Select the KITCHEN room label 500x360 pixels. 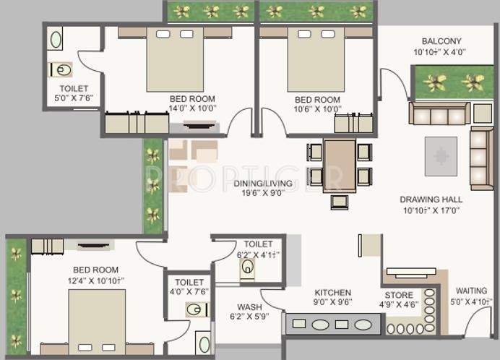point(332,293)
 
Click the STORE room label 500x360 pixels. point(399,295)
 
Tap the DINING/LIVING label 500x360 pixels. point(262,184)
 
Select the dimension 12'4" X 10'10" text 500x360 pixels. point(97,279)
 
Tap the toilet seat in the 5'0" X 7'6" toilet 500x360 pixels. point(62,71)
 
